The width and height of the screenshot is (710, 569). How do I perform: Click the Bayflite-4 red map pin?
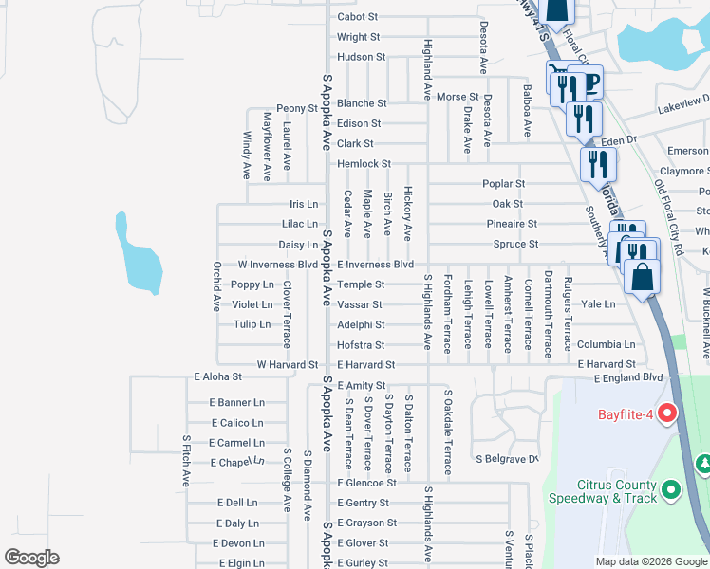pos(667,414)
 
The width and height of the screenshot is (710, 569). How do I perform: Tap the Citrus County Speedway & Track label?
pos(602,491)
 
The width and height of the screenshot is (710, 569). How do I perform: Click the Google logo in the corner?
pos(31,558)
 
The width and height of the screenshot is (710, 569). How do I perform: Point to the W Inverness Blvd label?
pos(277,265)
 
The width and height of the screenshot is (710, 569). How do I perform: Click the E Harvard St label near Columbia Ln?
pos(607,364)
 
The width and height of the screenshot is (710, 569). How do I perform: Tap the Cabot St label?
pos(358,17)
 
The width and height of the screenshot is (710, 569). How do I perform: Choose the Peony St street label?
pos(296,109)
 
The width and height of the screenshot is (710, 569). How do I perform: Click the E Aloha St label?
pos(218,377)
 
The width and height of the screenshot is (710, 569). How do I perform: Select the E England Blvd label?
pos(627,378)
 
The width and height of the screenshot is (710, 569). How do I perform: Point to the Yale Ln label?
pos(598,304)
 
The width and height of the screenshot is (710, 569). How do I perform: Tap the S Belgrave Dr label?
pos(506,459)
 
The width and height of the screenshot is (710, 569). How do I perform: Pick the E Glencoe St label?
pos(366,483)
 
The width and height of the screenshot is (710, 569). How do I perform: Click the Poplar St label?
pos(503,184)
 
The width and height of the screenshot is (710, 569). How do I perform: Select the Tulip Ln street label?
pos(252,324)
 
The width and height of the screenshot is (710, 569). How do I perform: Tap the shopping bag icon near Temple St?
pos(642,277)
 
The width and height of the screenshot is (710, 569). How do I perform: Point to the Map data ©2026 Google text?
pos(650,561)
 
